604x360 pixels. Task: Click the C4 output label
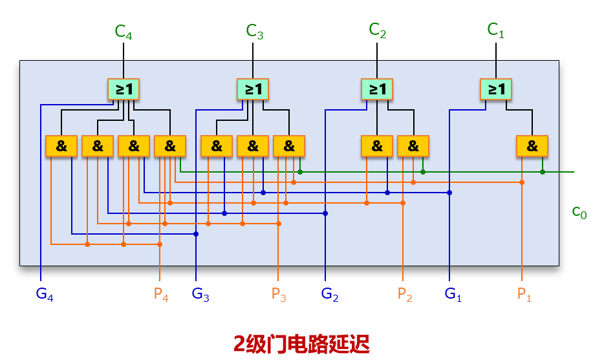click(x=124, y=32)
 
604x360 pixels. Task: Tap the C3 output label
click(x=255, y=32)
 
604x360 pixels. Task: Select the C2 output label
click(x=378, y=30)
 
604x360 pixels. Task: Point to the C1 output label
click(x=496, y=30)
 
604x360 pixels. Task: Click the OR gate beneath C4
click(x=124, y=89)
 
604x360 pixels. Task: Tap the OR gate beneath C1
click(x=496, y=89)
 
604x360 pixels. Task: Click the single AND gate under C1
click(x=532, y=147)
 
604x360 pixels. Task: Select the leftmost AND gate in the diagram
click(x=61, y=147)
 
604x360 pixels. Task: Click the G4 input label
click(x=45, y=295)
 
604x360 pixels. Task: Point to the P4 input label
click(x=161, y=295)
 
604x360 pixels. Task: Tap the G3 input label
click(x=200, y=295)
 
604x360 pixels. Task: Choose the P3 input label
click(x=279, y=295)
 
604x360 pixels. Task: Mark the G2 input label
click(x=330, y=295)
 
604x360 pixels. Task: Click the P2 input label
click(x=405, y=295)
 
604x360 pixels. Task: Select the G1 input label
click(x=453, y=295)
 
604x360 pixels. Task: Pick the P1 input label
click(x=524, y=295)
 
